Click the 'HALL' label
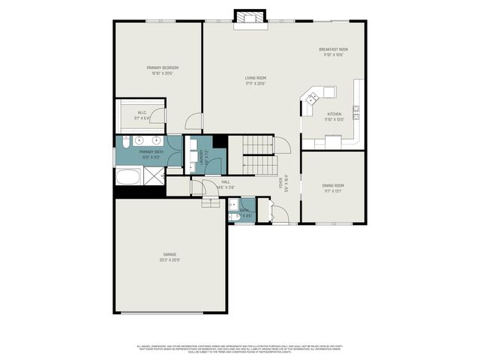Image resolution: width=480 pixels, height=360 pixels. click(x=225, y=181)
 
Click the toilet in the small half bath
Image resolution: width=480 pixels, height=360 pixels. click(x=234, y=216)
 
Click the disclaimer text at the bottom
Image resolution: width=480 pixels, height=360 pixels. click(x=240, y=349)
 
